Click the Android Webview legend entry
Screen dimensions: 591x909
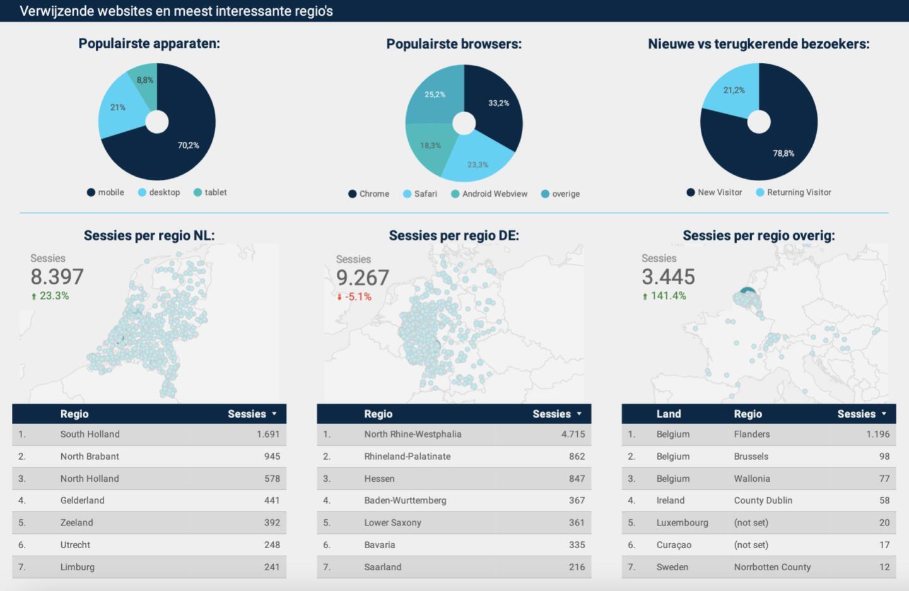[x=495, y=194]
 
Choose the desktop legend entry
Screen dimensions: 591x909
[x=164, y=192]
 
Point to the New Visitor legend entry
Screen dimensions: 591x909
[x=719, y=192]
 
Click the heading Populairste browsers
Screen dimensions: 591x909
[x=454, y=44]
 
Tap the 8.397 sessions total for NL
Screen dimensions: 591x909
[x=57, y=276]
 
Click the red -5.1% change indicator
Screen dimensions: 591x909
[x=358, y=296]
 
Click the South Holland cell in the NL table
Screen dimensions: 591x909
[x=90, y=434]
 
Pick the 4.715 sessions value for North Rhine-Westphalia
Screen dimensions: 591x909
[x=573, y=434]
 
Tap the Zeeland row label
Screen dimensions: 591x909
[x=76, y=522]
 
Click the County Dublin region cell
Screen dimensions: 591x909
[x=763, y=500]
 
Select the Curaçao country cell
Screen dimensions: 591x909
[x=674, y=545]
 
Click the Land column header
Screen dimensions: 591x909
[x=668, y=414]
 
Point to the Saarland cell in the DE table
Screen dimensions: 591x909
[x=382, y=567]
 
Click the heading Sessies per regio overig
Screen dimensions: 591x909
[x=758, y=235]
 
